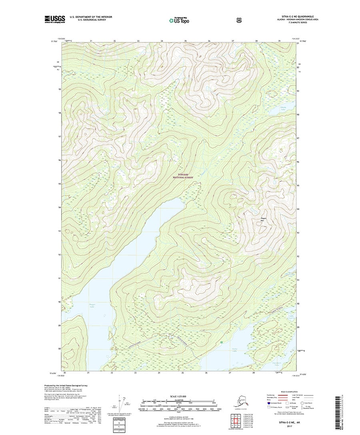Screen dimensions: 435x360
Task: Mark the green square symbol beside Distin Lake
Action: pos(221,343)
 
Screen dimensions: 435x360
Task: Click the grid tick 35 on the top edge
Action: pos(186,41)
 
